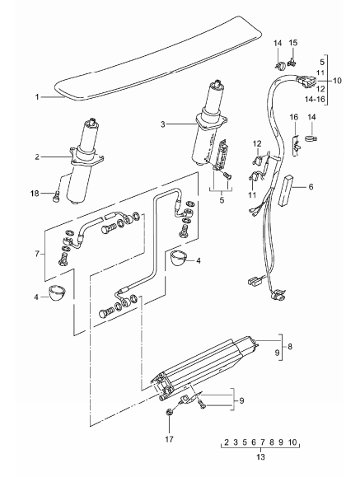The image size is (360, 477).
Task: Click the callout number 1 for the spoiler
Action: coord(37,97)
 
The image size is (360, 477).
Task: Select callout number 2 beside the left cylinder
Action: coord(37,157)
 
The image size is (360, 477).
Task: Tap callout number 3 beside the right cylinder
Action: coord(163,124)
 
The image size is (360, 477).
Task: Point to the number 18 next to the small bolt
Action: coord(35,193)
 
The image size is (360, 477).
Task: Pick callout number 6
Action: coord(311,186)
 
